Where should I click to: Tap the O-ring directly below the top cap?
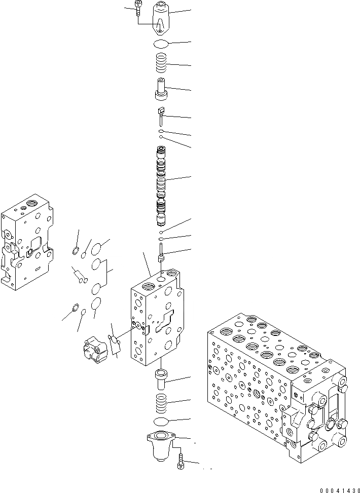coord(162,44)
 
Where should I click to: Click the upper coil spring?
coord(162,64)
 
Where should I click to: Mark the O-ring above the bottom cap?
coord(162,422)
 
